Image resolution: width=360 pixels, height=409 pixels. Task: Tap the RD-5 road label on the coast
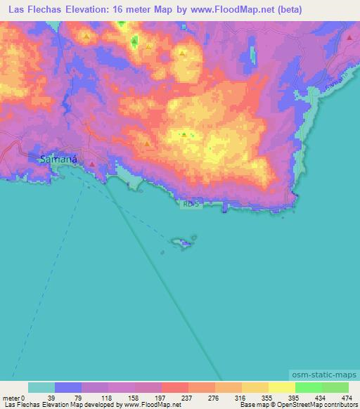(x=191, y=204)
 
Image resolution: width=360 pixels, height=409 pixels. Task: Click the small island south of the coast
(x=181, y=243)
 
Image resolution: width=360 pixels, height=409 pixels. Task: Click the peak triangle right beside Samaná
(x=91, y=165)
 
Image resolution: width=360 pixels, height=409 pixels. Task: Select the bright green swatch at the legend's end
(x=335, y=388)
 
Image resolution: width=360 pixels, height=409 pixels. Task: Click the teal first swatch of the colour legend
(x=41, y=388)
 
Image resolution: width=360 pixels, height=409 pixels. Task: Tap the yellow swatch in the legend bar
(x=281, y=388)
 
